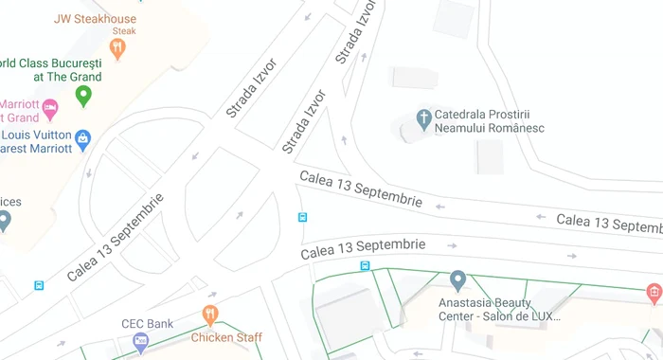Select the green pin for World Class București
[x=83, y=96]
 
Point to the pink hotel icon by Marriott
[x=50, y=106]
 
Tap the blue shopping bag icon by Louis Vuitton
[x=83, y=139]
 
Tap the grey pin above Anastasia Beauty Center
[x=457, y=279]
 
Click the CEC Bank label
[x=147, y=324]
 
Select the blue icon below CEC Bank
[x=141, y=342]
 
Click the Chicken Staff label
[x=226, y=337]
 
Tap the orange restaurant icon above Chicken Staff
[x=210, y=314]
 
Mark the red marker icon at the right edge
[x=653, y=295]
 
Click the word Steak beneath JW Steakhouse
[x=124, y=31]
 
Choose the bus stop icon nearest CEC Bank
[x=39, y=285]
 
